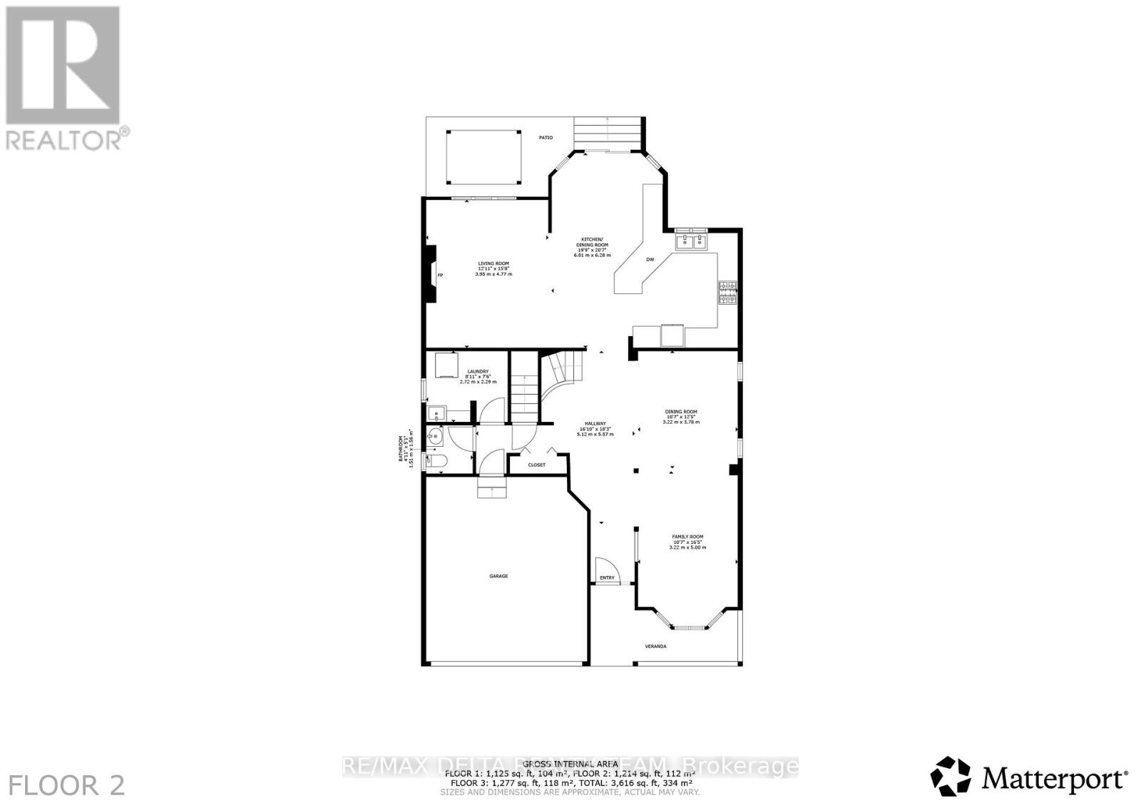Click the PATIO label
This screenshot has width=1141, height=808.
[x=546, y=138]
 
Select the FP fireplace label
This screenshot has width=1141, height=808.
[x=440, y=276]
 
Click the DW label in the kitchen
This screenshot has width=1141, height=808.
[x=650, y=260]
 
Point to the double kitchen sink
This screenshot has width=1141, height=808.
[x=690, y=242]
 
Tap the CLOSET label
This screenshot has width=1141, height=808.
[x=536, y=465]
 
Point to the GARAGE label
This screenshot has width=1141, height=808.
[x=498, y=576]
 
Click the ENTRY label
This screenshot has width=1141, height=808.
[x=607, y=577]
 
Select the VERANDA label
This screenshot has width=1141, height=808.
[x=655, y=646]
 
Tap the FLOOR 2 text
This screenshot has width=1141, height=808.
[x=68, y=786]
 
